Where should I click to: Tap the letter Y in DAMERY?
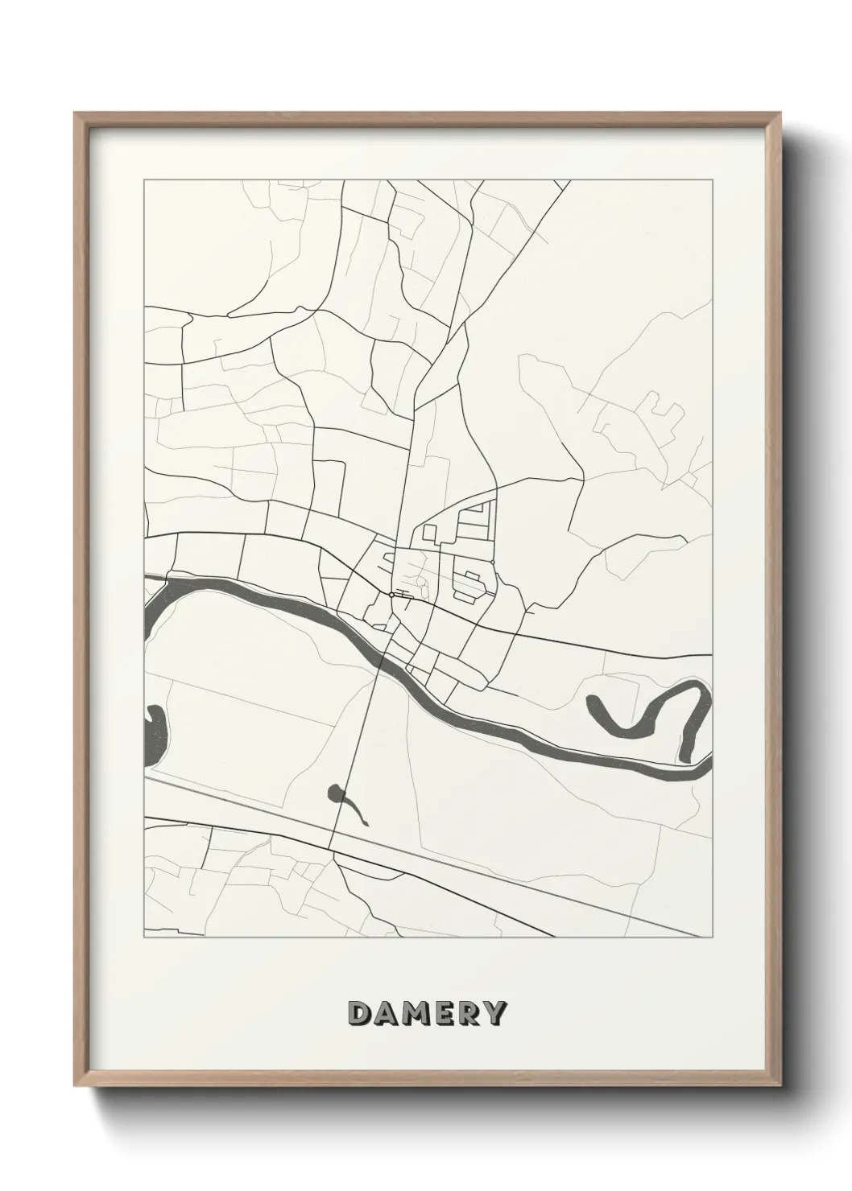point(494,1014)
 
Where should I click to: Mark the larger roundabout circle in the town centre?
point(391,595)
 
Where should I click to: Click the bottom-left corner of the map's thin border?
point(144,938)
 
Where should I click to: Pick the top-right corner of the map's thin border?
point(713,180)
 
